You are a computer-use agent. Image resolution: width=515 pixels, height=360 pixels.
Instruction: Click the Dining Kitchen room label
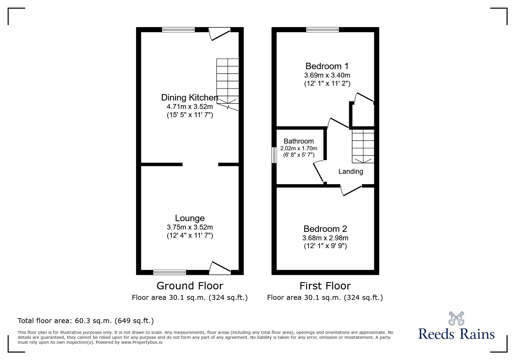pyautogui.click(x=190, y=97)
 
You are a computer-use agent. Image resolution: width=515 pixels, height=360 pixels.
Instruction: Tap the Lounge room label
pyautogui.click(x=190, y=218)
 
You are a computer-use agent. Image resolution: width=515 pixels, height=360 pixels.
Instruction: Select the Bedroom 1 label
pyautogui.click(x=327, y=66)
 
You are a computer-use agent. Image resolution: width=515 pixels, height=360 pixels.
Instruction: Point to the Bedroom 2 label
pyautogui.click(x=325, y=229)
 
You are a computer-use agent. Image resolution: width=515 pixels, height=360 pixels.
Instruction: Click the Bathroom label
pyautogui.click(x=299, y=141)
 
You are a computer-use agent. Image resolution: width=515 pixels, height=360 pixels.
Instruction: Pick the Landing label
pyautogui.click(x=351, y=171)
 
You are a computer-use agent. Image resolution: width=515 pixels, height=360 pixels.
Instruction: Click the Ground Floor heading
pyautogui.click(x=190, y=286)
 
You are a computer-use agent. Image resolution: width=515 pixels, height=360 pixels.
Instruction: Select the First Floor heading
pyautogui.click(x=325, y=286)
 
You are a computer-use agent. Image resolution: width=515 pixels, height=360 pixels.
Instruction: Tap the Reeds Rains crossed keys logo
pyautogui.click(x=456, y=318)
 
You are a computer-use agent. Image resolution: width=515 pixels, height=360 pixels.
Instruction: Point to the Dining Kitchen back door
pyautogui.click(x=220, y=33)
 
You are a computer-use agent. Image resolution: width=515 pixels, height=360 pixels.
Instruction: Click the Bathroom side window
pyautogui.click(x=274, y=155)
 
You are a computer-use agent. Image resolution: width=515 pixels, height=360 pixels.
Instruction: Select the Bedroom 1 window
pyautogui.click(x=322, y=29)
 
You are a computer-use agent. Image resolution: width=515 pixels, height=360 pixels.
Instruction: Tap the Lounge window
pyautogui.click(x=170, y=272)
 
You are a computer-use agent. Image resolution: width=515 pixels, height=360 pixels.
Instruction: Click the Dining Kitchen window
pyautogui.click(x=178, y=29)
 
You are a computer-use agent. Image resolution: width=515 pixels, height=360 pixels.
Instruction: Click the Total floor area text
pyautogui.click(x=86, y=321)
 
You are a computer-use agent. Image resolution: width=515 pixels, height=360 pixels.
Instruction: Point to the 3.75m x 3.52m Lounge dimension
pyautogui.click(x=190, y=227)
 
